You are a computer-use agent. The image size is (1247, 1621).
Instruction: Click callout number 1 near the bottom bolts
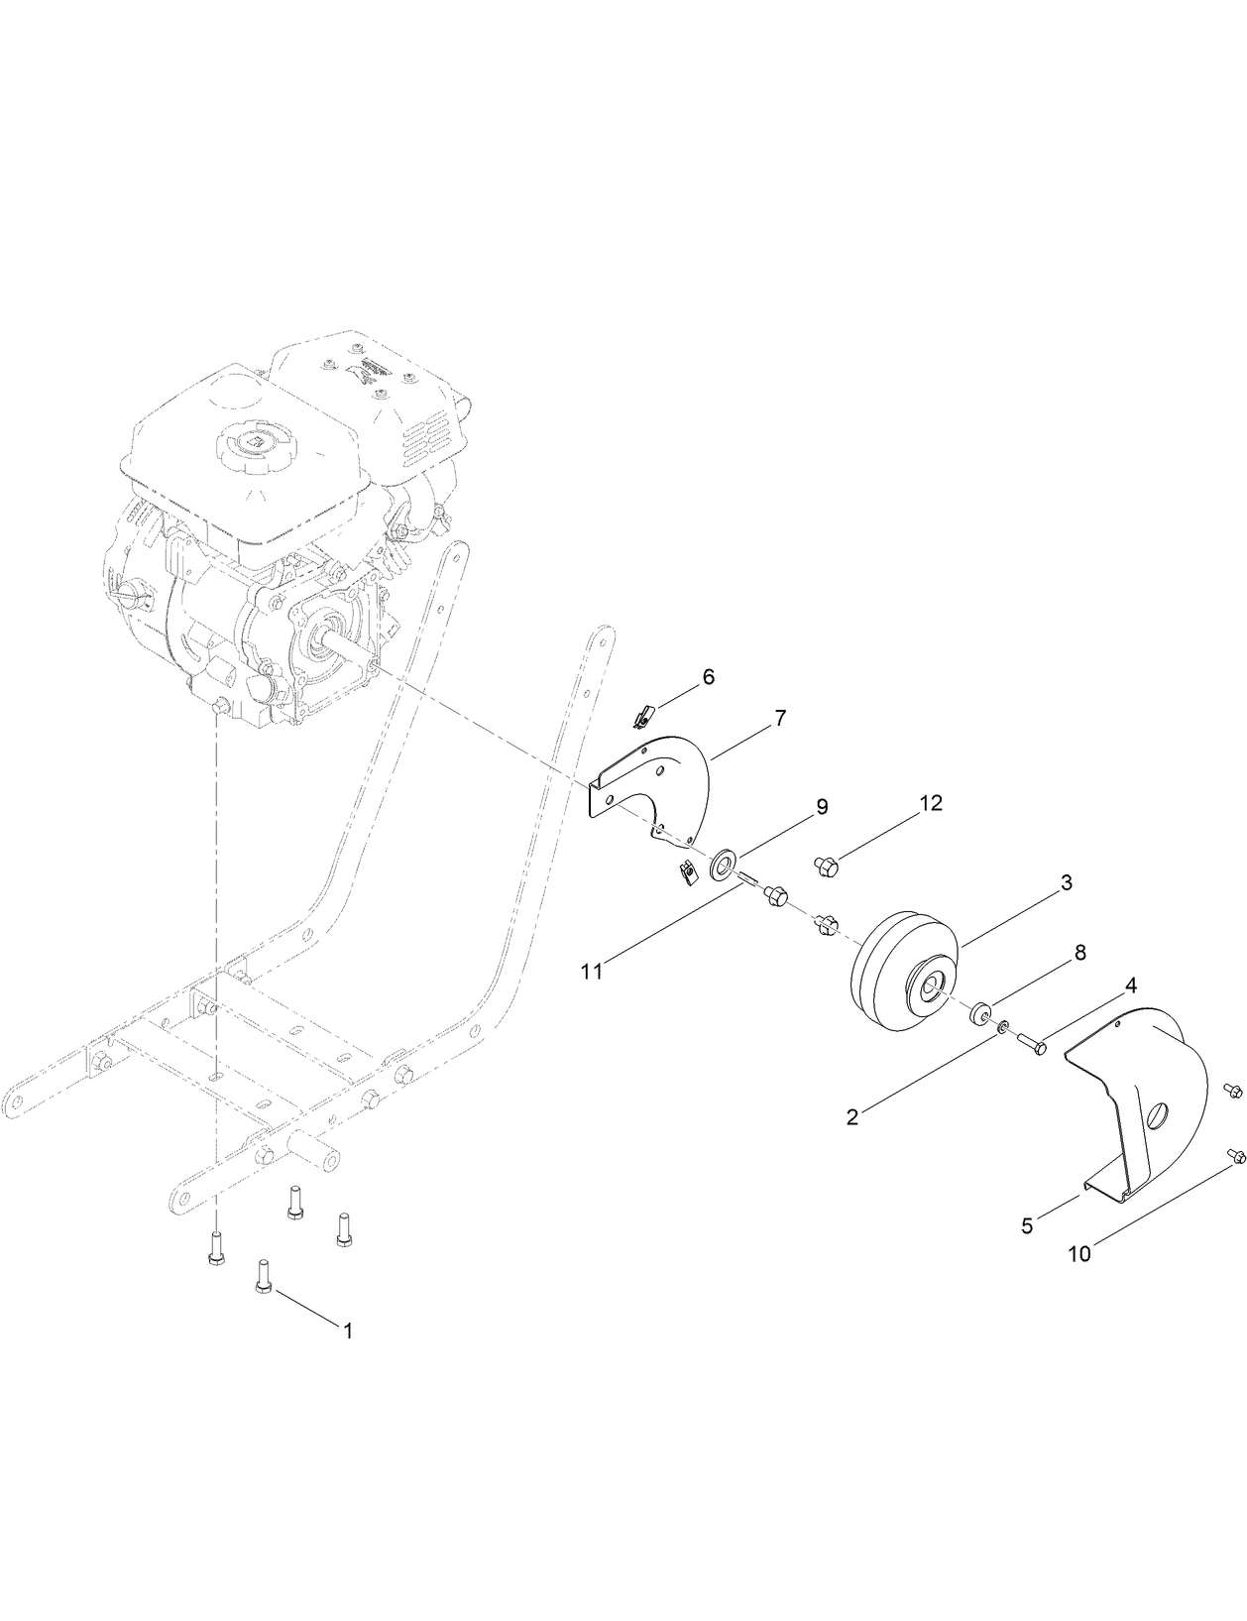[347, 1332]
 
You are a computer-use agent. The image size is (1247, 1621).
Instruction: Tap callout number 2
[852, 1116]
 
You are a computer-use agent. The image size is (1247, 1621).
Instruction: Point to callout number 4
[1129, 987]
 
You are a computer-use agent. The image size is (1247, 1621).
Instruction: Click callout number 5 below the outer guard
[1027, 1225]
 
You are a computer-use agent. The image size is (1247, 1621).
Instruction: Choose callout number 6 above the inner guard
[708, 676]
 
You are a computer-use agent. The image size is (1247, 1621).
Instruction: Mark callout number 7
[780, 719]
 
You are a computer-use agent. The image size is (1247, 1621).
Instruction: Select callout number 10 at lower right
[1079, 1253]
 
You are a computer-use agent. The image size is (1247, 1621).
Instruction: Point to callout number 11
[592, 972]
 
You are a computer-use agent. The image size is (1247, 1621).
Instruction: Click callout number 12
[930, 803]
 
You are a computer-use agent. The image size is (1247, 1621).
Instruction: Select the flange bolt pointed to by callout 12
[826, 867]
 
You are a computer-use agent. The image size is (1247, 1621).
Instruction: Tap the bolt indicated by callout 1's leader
[264, 1272]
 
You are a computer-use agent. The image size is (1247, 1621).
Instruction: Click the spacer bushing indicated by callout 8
[978, 1013]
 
